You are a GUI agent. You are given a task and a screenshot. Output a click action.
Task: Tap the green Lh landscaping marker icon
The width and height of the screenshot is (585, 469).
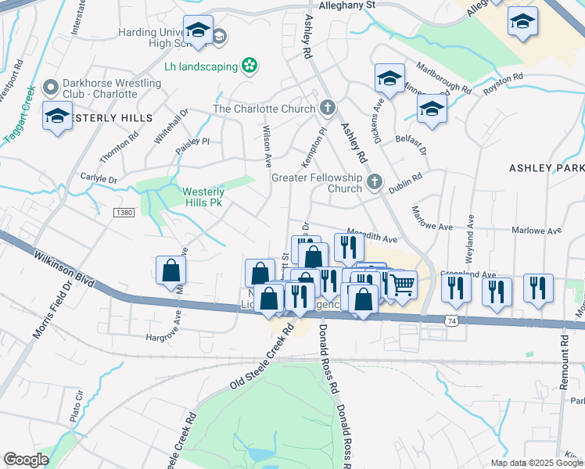coord(249,66)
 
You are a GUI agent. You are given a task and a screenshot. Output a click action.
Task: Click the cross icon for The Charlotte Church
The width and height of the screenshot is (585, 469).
coord(328,109)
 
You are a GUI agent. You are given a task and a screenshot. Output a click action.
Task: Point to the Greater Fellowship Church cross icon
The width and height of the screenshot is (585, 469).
coord(375,183)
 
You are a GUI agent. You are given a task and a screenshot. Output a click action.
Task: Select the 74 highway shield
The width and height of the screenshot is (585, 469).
coord(451,320)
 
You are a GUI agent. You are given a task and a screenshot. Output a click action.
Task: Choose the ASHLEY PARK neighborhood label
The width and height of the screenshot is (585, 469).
coord(546,168)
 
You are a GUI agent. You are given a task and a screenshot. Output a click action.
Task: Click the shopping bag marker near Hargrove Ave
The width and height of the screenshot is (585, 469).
coord(170,271)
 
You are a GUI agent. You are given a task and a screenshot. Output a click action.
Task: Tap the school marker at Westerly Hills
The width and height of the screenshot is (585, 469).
coord(57,116)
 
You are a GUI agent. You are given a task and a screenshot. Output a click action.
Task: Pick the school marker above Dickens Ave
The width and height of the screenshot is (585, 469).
coord(389,78)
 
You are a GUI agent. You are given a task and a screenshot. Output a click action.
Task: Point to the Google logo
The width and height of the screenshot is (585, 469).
coord(26,460)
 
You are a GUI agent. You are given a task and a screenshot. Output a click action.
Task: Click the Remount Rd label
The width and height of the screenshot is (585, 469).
coord(565,365)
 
